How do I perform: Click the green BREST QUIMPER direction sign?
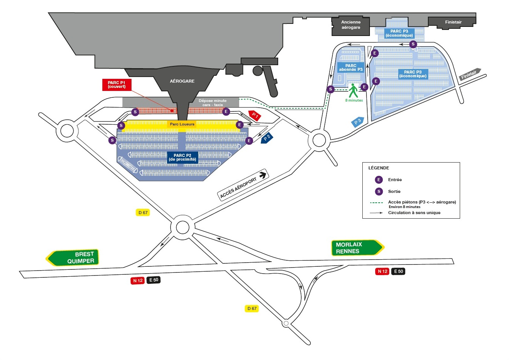pos(73,258)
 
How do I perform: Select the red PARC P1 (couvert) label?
pos(116,85)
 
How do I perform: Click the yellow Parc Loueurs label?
pos(182,124)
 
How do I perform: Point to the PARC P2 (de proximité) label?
pos(182,157)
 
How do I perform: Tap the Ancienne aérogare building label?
pos(351,25)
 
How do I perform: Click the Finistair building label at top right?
pos(453,22)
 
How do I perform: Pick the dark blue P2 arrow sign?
pos(267,138)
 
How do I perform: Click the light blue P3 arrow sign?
pos(358,122)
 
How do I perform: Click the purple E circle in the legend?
pos(379,180)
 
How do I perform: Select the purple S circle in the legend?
pos(379,191)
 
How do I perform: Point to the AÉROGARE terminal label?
pos(182,81)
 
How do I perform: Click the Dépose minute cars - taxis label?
pos(213,103)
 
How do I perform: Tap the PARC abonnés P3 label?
pos(351,67)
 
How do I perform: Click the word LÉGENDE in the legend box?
pos(379,168)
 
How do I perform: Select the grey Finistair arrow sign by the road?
pos(470,74)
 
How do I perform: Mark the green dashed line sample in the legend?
pos(376,203)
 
